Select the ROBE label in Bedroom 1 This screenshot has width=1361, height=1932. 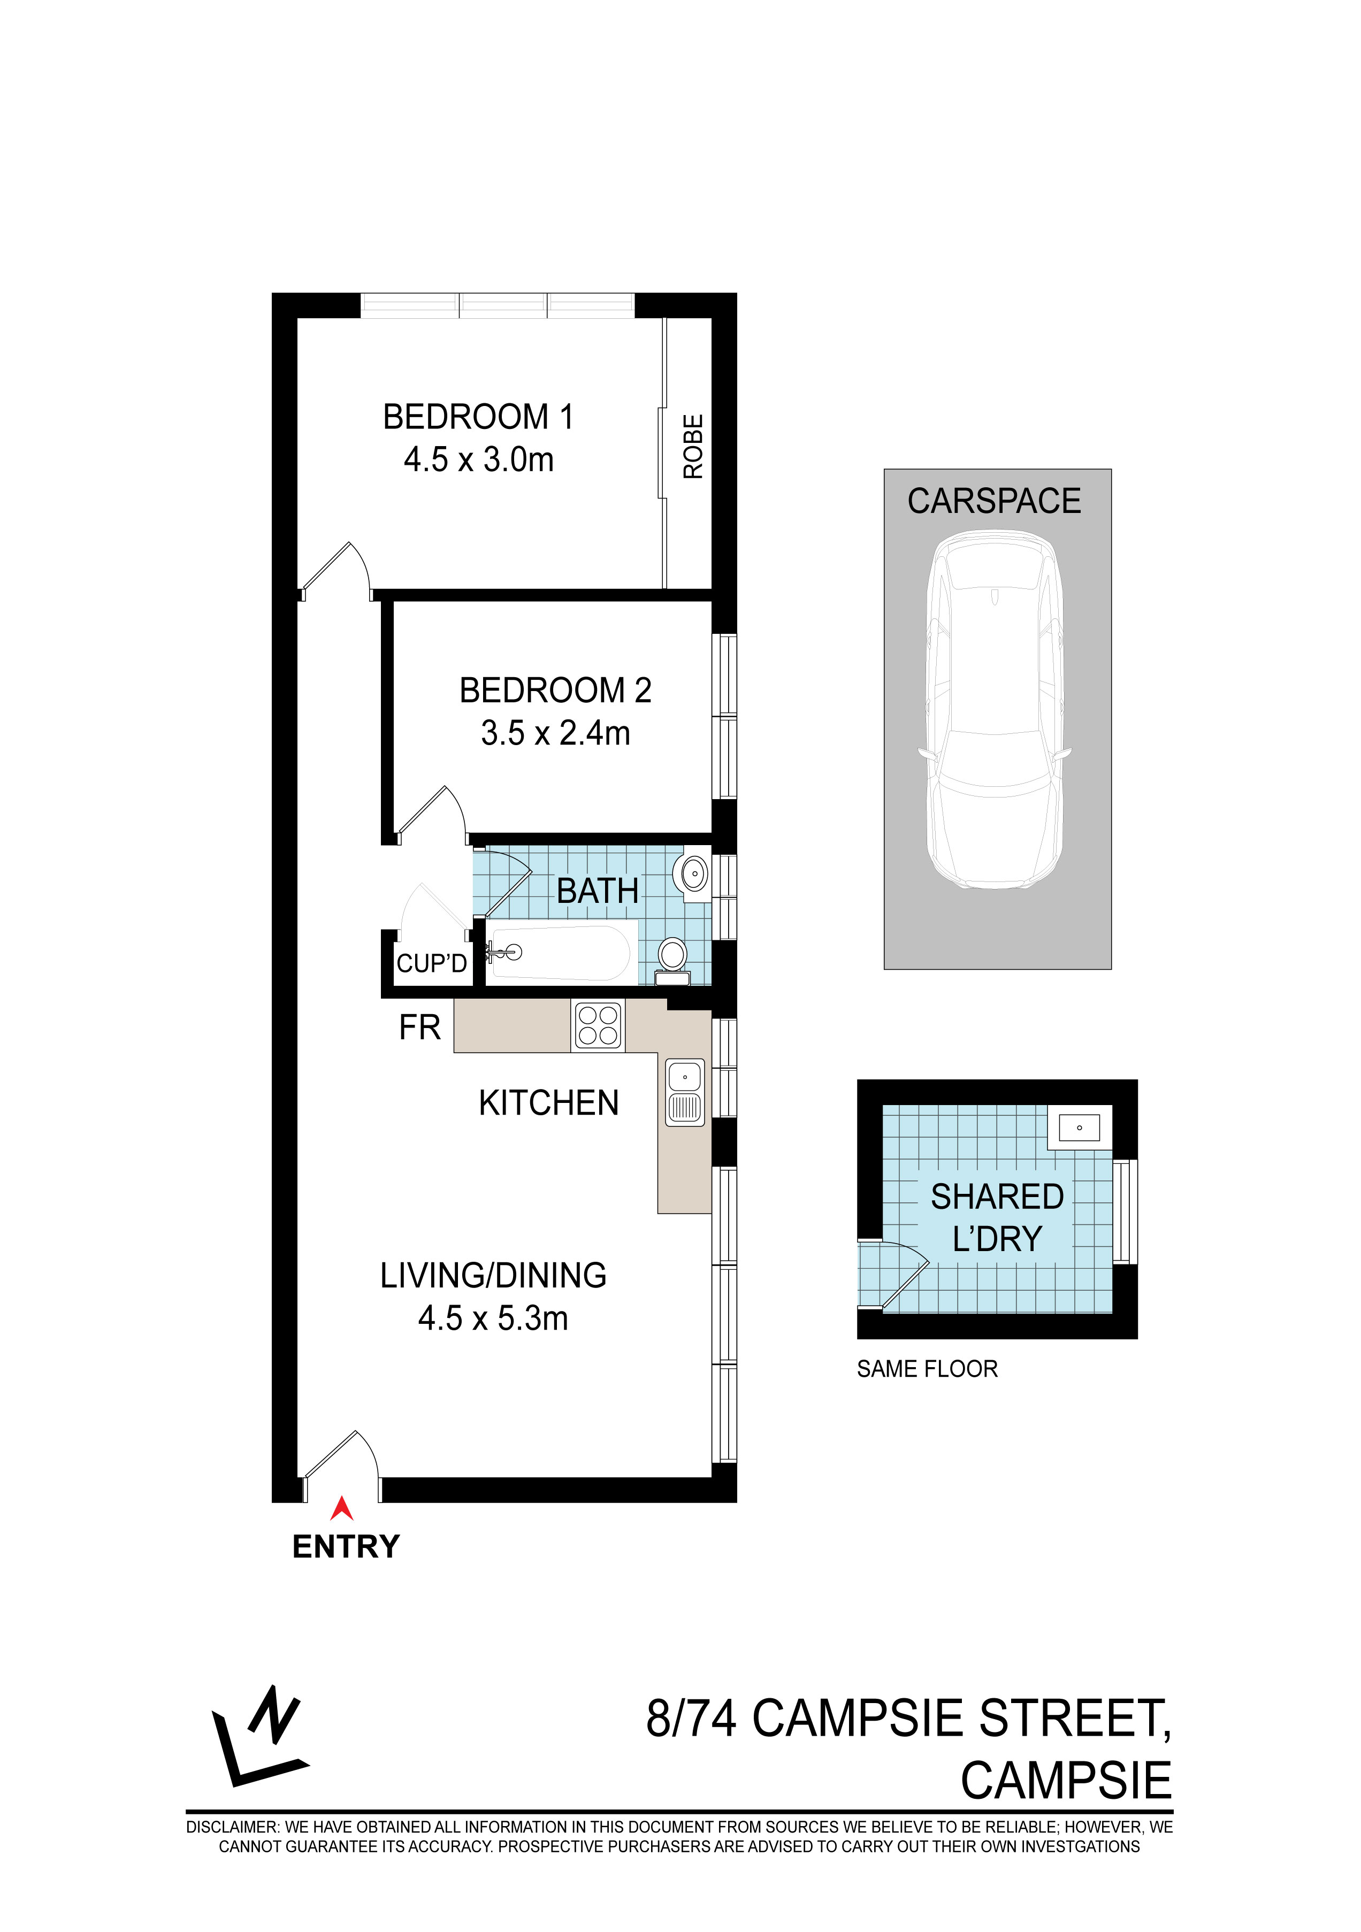pos(693,447)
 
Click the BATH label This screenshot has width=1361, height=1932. pos(598,891)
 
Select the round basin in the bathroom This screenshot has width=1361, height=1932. pos(693,875)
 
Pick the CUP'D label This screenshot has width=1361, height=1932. pos(431,963)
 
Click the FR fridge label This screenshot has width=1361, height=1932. pos(419,1028)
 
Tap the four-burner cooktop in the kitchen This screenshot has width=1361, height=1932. pos(599,1026)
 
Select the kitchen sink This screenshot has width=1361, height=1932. pos(685,1092)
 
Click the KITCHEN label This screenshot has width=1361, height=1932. pos(549,1103)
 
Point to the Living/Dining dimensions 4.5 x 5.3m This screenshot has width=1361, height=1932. pos(493,1318)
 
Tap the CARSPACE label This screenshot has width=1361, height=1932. pos(994,502)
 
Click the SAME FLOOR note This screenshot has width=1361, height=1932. pos(927,1369)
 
